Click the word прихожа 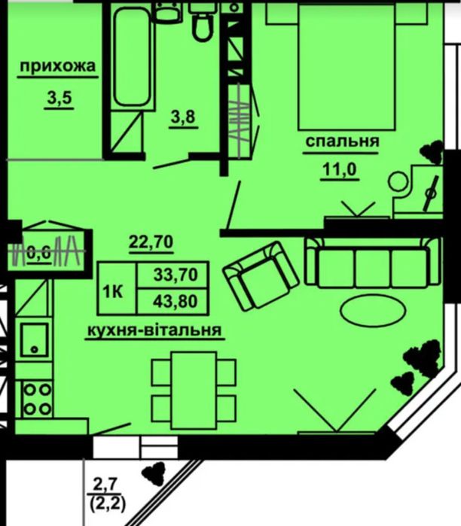[58, 67]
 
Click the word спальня [341, 141]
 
